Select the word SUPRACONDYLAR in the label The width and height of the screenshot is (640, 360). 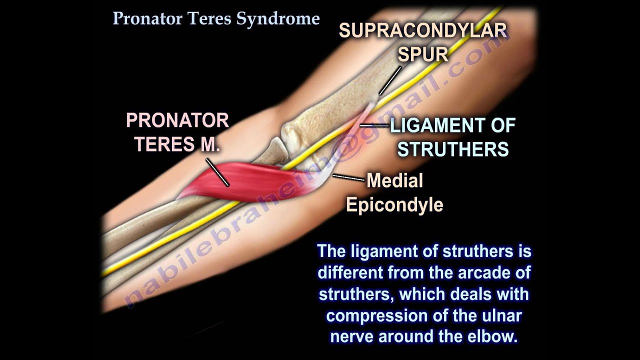click(x=423, y=31)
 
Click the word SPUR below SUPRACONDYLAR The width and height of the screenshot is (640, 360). click(x=423, y=53)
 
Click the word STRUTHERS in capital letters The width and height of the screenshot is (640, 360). click(x=453, y=149)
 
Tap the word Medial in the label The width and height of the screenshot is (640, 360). click(x=395, y=180)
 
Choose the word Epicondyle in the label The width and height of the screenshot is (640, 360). click(x=395, y=204)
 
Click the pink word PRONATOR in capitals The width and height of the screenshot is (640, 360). click(x=177, y=120)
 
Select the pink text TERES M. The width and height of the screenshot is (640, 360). click(x=177, y=144)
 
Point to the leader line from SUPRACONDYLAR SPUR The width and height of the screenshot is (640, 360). click(x=390, y=80)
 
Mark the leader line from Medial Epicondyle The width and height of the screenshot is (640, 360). click(x=349, y=177)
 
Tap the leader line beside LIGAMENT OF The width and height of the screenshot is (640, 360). click(x=374, y=125)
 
